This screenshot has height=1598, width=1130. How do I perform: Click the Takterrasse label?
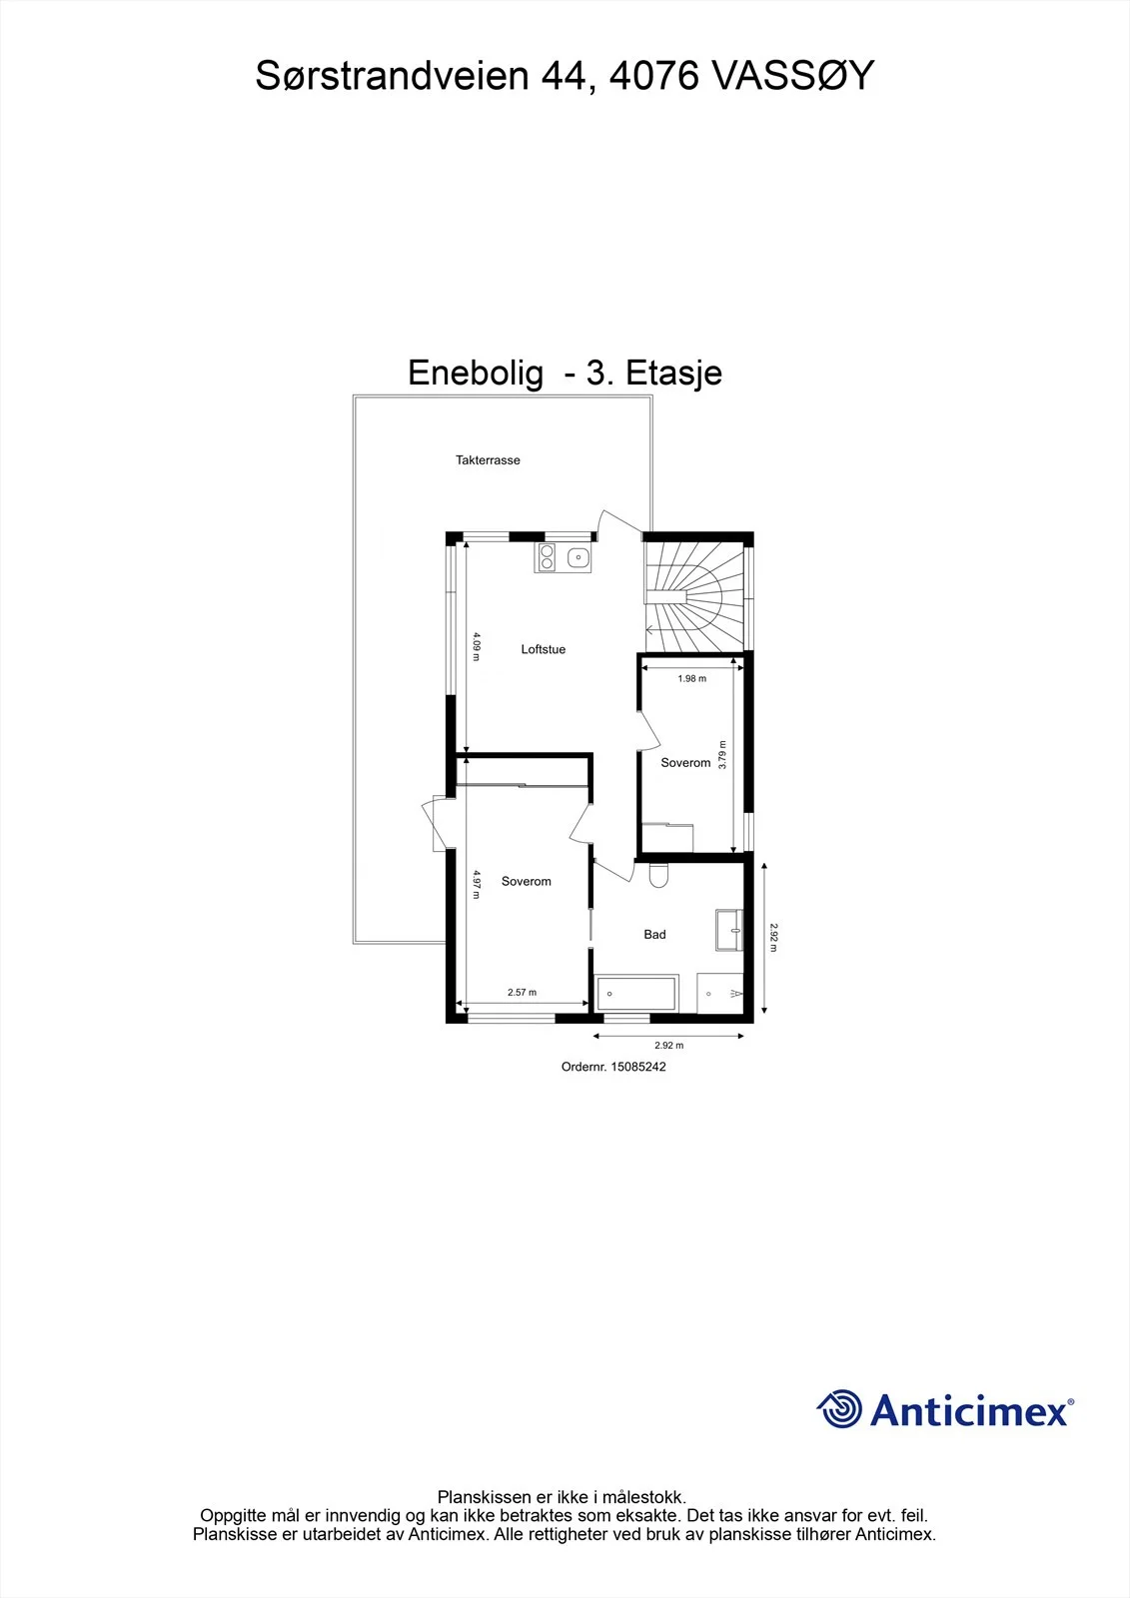[x=488, y=460]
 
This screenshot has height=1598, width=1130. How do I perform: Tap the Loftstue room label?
[x=544, y=649]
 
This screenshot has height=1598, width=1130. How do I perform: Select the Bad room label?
[x=654, y=935]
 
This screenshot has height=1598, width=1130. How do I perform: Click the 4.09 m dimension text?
[x=477, y=646]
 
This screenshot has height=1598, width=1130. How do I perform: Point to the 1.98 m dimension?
[x=691, y=678]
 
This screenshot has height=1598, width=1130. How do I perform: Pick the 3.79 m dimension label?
[x=722, y=755]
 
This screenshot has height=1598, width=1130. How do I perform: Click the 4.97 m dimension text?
[x=477, y=884]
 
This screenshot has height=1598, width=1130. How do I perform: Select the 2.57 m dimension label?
[x=522, y=993]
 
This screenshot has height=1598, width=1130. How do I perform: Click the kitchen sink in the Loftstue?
[x=578, y=558]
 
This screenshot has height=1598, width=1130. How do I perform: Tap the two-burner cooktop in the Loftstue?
[x=548, y=557]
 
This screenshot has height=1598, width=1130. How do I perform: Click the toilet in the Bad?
[x=658, y=875]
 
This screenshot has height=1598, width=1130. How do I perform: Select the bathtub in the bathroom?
[x=636, y=995]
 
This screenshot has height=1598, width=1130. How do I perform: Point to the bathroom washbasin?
[x=729, y=930]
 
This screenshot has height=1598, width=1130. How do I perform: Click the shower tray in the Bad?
[x=720, y=993]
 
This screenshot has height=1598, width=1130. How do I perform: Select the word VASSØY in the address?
[x=792, y=76]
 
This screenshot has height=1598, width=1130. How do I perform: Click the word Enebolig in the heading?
[x=476, y=374]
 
